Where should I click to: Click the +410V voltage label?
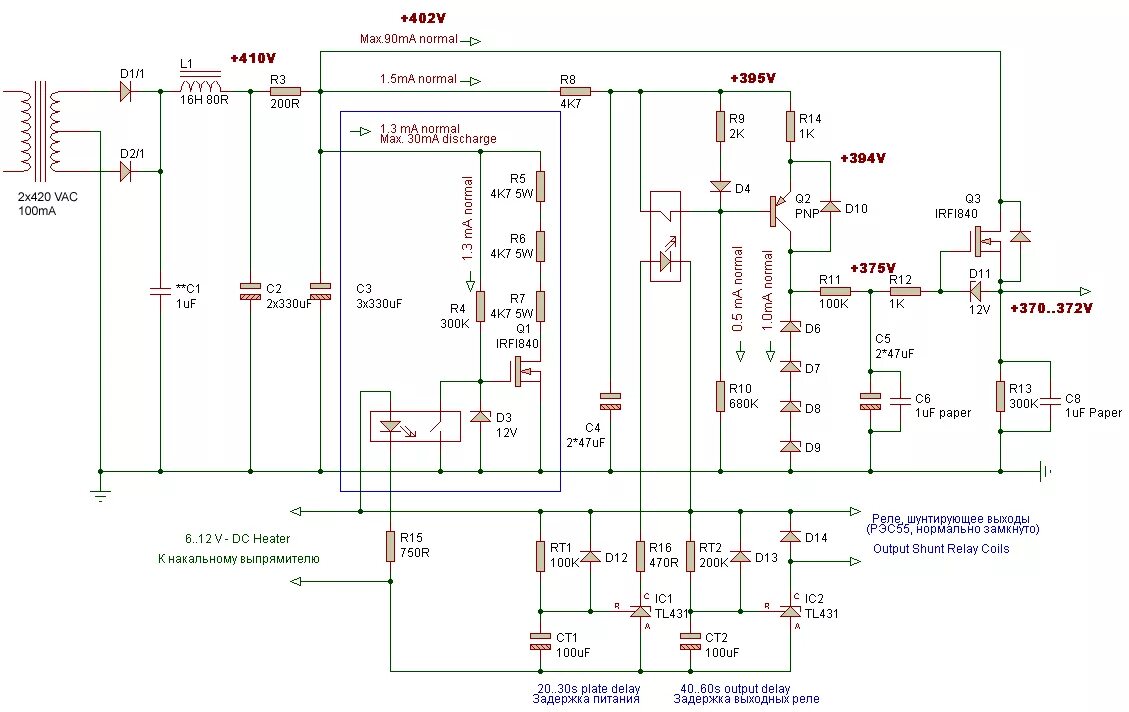[252, 58]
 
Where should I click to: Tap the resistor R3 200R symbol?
[286, 91]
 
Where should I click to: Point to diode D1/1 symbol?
[127, 91]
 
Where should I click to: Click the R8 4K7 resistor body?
[575, 91]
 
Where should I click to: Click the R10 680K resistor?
[719, 395]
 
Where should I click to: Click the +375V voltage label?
[872, 268]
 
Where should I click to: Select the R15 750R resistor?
[390, 546]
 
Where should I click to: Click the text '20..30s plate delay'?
[587, 689]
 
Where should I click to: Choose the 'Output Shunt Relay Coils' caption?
[940, 548]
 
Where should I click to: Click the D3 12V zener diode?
[480, 416]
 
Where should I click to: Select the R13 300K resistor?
[1000, 396]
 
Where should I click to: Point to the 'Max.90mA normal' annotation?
[409, 39]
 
